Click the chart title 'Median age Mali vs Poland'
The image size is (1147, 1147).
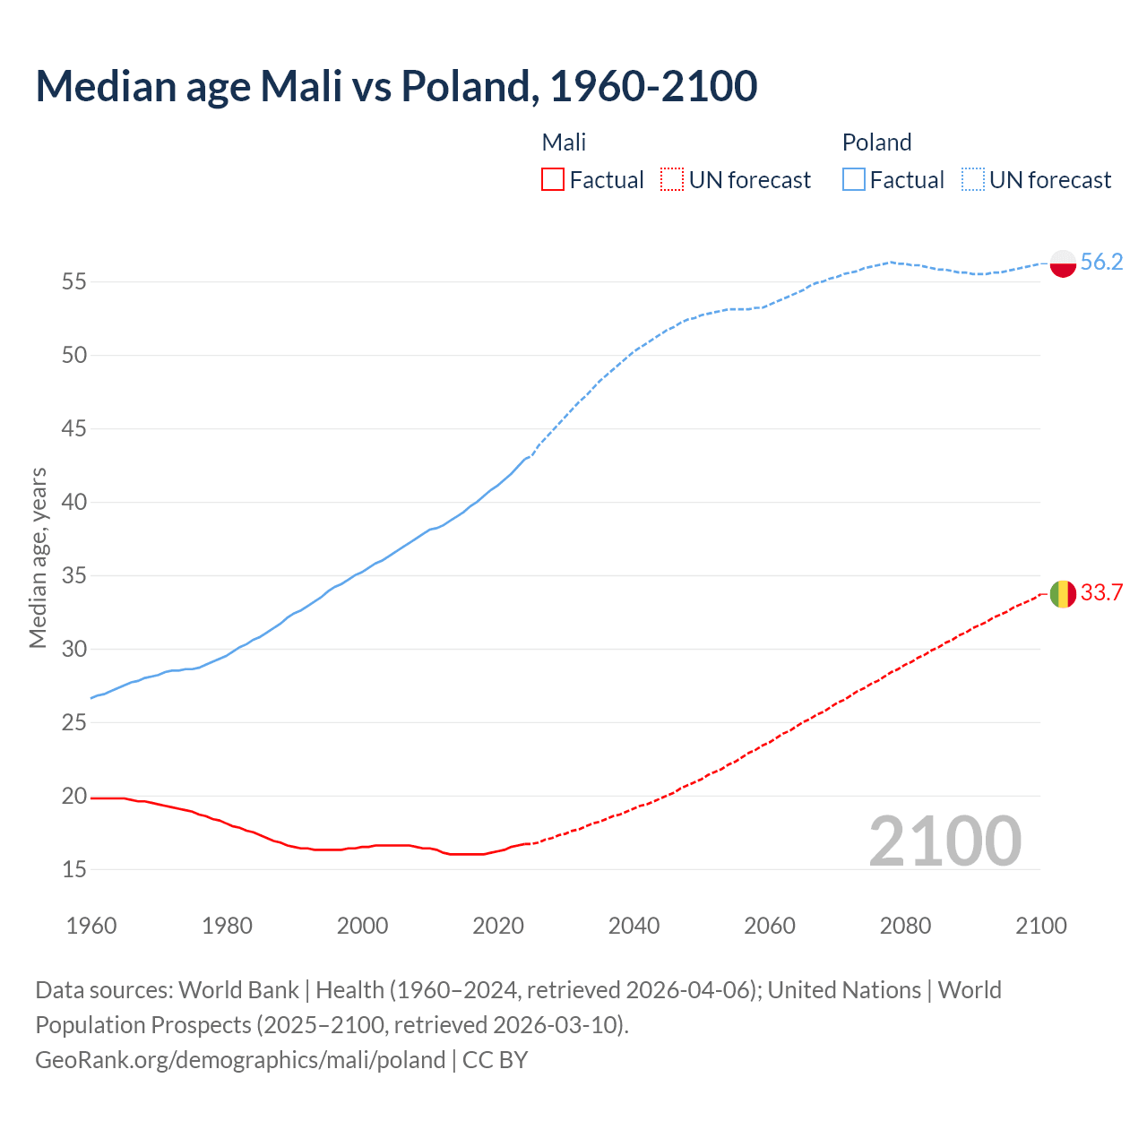(396, 86)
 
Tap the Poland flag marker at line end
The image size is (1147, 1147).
(1063, 263)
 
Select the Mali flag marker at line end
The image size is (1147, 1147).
(1063, 594)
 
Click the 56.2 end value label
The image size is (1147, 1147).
(1101, 262)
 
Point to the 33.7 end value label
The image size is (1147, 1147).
(1101, 592)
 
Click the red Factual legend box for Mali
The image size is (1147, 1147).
(553, 180)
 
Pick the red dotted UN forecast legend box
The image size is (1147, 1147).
(672, 180)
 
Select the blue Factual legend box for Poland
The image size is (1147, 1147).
(854, 180)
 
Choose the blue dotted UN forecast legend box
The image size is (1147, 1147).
(973, 180)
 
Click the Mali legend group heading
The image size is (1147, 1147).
(564, 142)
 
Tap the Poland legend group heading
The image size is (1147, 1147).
(876, 142)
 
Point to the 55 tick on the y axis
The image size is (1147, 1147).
(74, 282)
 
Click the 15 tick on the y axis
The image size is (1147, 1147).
(74, 869)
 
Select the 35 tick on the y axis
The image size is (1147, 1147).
(74, 575)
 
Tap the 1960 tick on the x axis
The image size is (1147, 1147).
(91, 926)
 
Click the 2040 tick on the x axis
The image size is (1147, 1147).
(634, 926)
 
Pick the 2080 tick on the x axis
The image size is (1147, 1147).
(905, 926)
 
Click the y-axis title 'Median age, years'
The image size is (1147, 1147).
(38, 557)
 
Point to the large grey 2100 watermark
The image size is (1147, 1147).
(944, 841)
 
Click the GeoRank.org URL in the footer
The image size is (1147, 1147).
(240, 1060)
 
